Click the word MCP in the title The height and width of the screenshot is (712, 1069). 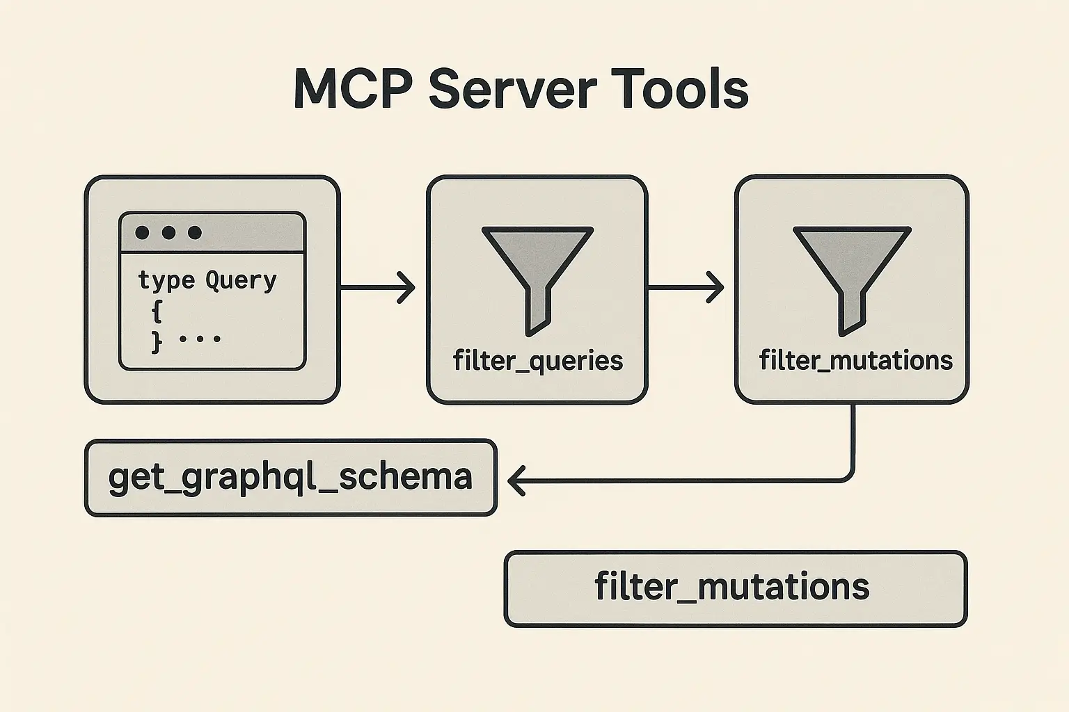(354, 89)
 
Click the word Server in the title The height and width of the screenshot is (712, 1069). (513, 89)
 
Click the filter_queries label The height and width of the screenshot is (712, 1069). (538, 361)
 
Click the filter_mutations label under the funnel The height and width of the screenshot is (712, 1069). (855, 360)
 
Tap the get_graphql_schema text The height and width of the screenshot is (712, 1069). (290, 478)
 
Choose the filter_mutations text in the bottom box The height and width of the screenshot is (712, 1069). (732, 587)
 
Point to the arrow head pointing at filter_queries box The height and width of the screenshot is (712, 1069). (406, 288)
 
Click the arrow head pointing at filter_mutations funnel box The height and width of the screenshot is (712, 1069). (715, 287)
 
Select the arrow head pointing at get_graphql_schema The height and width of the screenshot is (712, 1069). (516, 480)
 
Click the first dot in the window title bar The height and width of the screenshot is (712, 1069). (142, 233)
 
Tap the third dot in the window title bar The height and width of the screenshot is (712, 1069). (195, 233)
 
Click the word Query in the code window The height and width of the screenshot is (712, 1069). (241, 280)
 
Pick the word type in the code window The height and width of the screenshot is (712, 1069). (166, 281)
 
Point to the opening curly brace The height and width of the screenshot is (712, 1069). (157, 311)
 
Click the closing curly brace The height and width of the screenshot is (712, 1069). (157, 342)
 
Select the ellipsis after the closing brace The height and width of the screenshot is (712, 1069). (200, 339)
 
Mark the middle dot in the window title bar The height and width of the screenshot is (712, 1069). (168, 233)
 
